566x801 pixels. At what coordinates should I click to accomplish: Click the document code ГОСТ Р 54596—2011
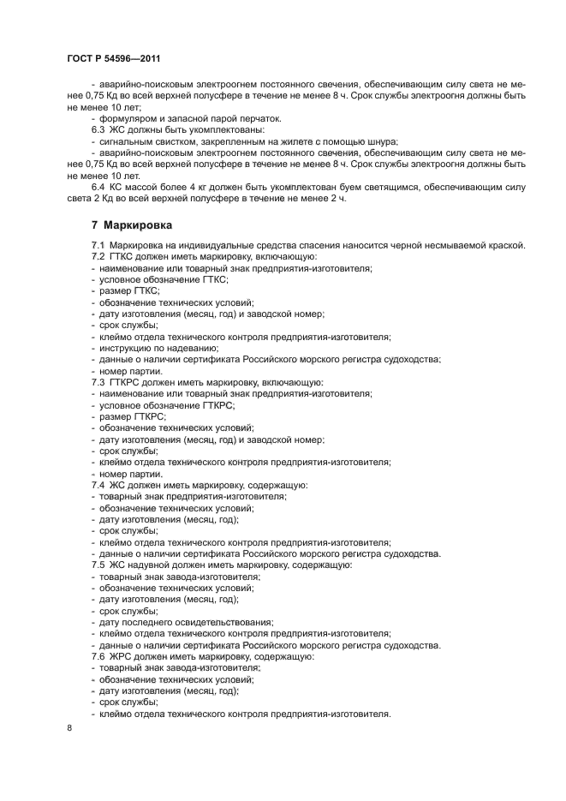113,57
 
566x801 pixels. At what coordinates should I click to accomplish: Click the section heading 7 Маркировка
132,226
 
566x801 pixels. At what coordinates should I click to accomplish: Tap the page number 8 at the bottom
69,727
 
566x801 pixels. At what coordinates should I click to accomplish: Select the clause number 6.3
98,129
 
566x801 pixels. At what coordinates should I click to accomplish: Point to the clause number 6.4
98,187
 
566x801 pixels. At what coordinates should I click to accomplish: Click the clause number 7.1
98,246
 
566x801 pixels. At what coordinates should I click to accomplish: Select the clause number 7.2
98,257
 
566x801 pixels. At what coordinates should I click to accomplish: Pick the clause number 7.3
98,382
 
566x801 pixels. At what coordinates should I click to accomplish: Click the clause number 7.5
98,565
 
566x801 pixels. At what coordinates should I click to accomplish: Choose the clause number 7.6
98,656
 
